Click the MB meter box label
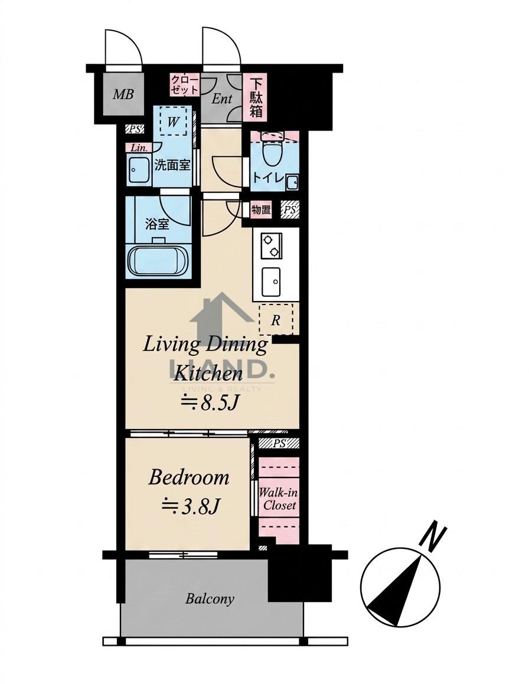[123, 94]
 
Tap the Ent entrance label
[222, 99]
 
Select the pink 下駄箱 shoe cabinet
[256, 97]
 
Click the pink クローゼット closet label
[185, 84]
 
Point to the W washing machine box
[173, 121]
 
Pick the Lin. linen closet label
[139, 148]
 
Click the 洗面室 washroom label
[172, 165]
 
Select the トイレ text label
[270, 178]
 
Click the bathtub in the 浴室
[158, 260]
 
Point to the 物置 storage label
[261, 210]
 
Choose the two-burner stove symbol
[271, 246]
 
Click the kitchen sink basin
[271, 282]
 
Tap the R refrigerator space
[275, 320]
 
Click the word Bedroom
[188, 477]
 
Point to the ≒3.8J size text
[190, 506]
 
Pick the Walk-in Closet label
[279, 499]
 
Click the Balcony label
[210, 599]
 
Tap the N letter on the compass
[433, 536]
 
